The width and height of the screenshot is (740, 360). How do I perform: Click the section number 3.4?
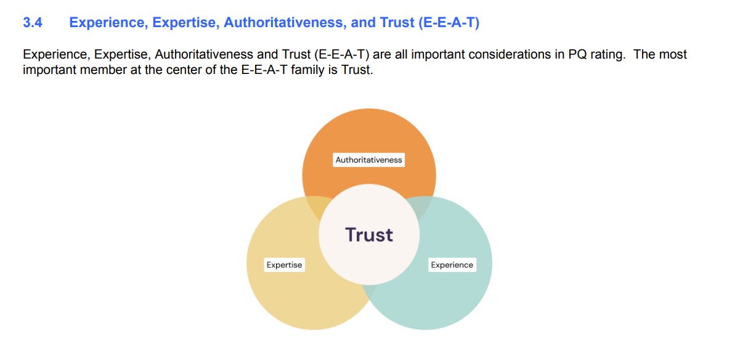[x=33, y=22]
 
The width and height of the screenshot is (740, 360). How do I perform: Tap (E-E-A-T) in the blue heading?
[x=449, y=23]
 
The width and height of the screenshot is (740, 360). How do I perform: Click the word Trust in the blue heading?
[x=397, y=22]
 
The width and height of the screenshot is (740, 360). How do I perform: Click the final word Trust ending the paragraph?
[x=357, y=70]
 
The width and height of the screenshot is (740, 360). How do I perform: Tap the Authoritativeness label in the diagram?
[x=368, y=160]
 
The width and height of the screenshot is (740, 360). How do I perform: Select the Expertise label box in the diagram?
[x=284, y=265]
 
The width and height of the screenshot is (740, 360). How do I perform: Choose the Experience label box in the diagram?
[x=452, y=265]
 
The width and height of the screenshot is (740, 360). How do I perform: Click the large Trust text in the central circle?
[x=369, y=235]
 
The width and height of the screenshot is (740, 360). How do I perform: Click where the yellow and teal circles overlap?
[x=369, y=292]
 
